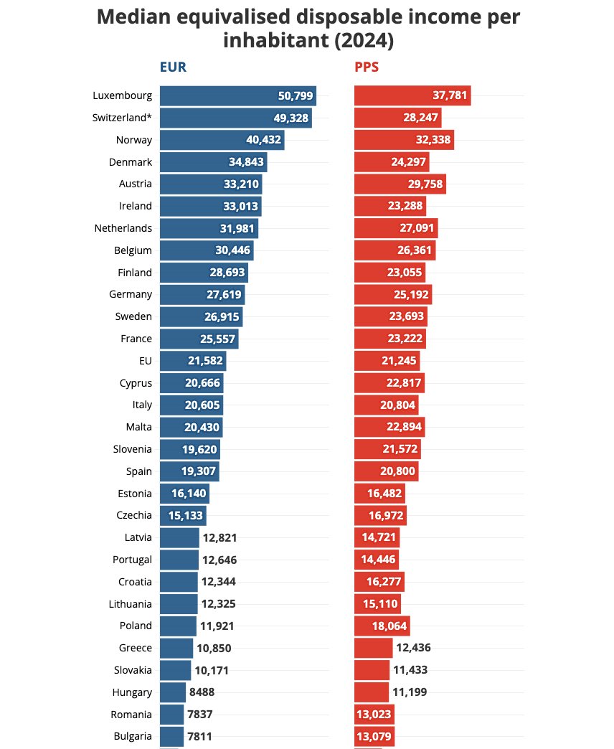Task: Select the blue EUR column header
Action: tap(173, 68)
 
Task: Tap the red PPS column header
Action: tap(367, 68)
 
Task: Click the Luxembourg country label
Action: tap(122, 95)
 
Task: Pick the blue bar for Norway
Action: tap(222, 140)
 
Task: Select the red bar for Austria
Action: tap(400, 184)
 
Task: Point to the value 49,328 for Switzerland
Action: tap(285, 118)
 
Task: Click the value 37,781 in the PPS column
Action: tap(450, 95)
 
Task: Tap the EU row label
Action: tap(146, 361)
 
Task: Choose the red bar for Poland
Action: tap(382, 626)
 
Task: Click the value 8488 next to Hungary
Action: tap(202, 692)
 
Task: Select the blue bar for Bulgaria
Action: tap(171, 736)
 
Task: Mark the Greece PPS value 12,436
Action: tap(414, 648)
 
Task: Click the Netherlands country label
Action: tap(123, 228)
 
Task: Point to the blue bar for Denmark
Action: tap(213, 162)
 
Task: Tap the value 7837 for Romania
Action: tap(201, 715)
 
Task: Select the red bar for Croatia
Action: tap(379, 582)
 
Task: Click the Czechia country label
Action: tap(134, 515)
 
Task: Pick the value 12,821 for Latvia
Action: tap(219, 537)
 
